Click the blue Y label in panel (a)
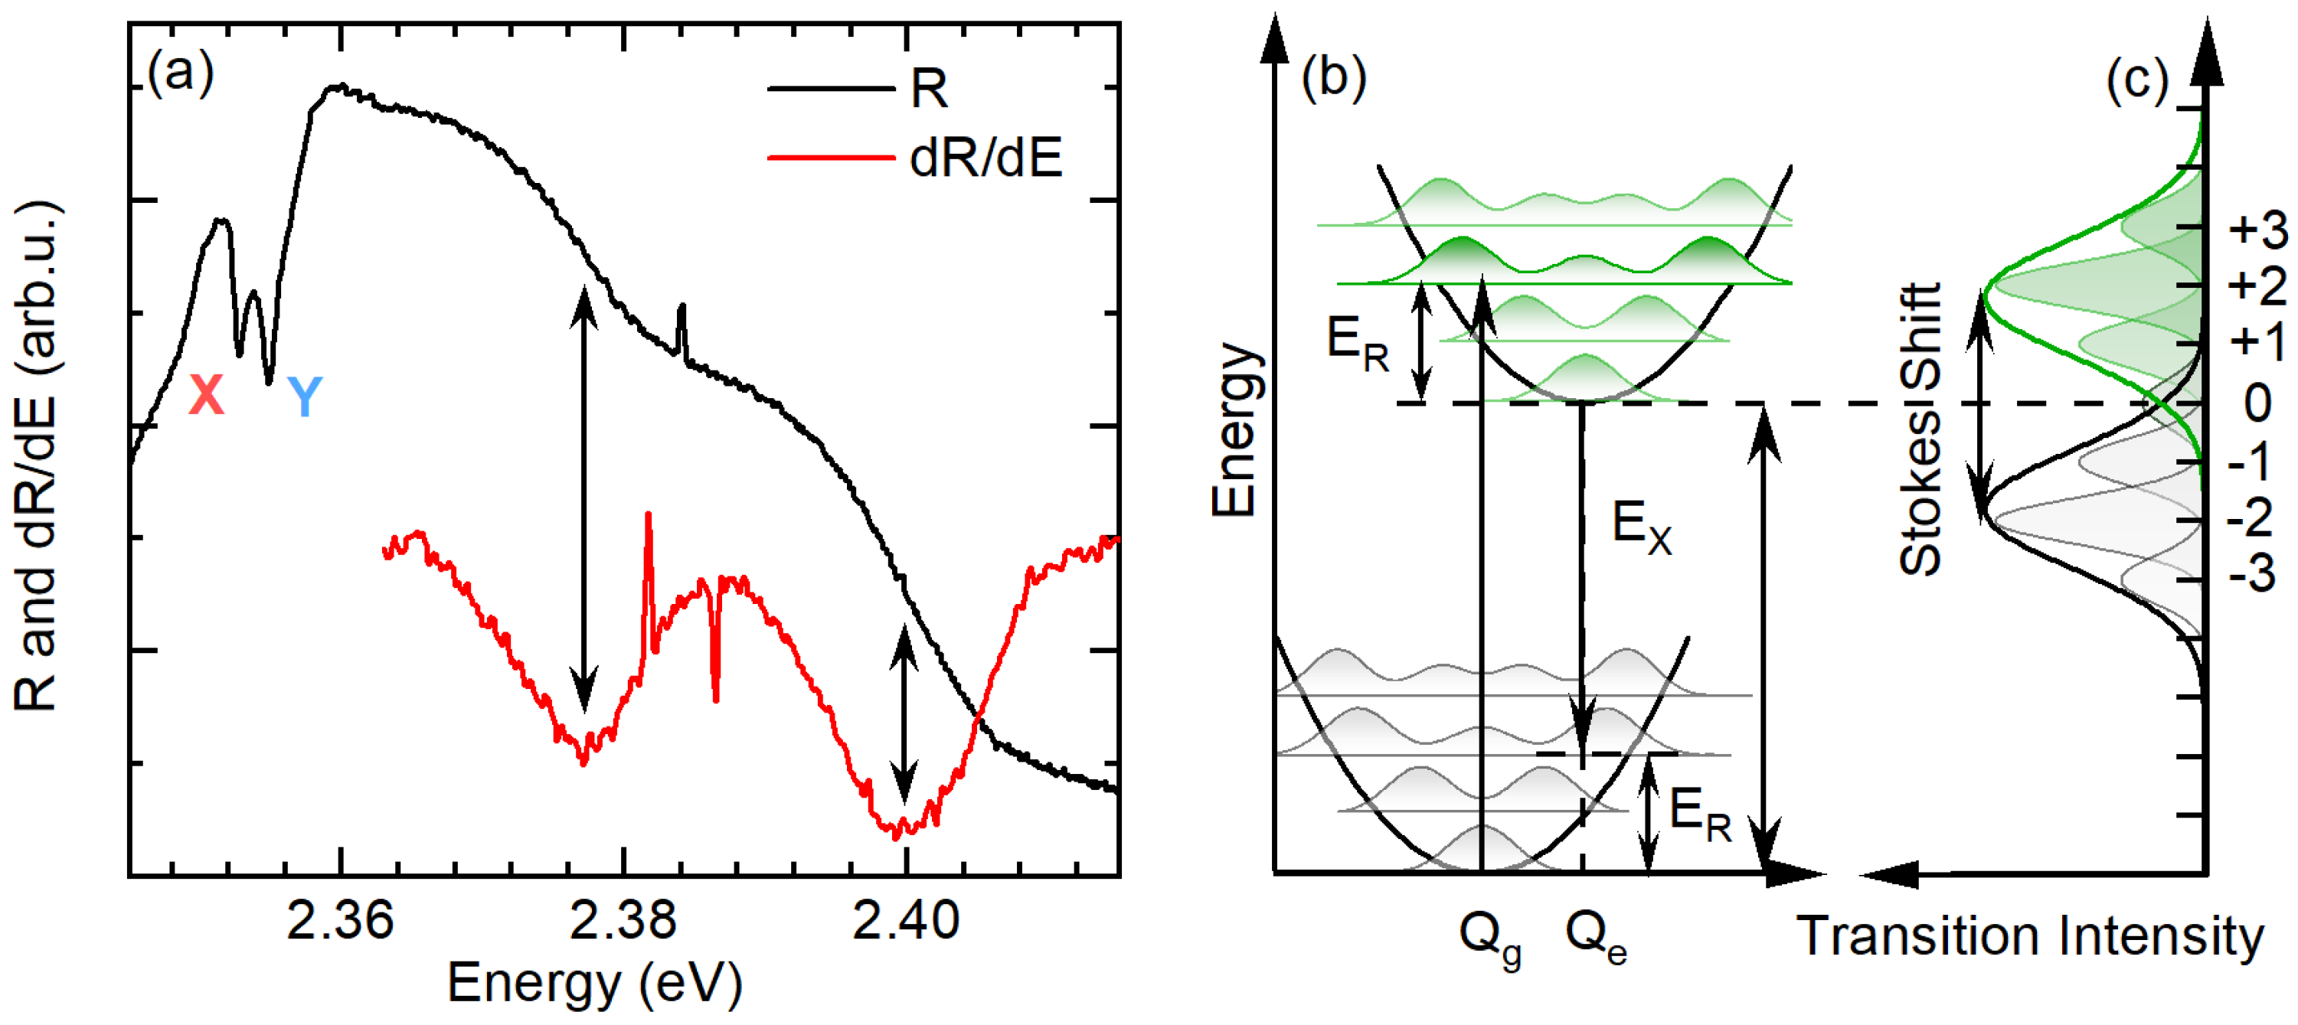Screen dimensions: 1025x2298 point(304,396)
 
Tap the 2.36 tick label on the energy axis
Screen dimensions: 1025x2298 point(339,921)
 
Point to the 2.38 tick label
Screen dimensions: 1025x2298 point(623,921)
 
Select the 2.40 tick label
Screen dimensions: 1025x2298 point(905,921)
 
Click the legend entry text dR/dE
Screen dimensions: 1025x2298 point(986,158)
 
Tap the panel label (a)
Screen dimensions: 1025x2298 point(181,70)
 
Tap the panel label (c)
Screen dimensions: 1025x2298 point(2136,80)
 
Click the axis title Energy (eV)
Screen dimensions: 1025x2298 point(594,983)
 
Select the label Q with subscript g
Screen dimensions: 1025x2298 point(1489,937)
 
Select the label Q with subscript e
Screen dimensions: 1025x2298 point(1595,937)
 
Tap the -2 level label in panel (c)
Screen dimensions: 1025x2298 point(2257,517)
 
